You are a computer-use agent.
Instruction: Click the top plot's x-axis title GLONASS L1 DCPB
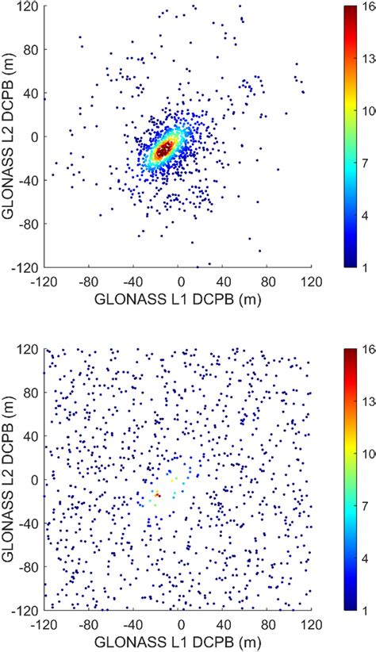point(173,299)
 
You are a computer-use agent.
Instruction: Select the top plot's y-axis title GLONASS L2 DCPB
point(11,136)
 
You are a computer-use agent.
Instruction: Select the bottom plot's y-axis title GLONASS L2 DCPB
point(11,479)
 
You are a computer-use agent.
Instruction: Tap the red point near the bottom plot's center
point(157,494)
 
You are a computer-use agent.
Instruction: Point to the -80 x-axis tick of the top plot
point(81,281)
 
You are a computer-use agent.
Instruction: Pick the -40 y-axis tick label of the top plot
point(29,181)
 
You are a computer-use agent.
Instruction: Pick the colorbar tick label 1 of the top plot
point(369,268)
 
